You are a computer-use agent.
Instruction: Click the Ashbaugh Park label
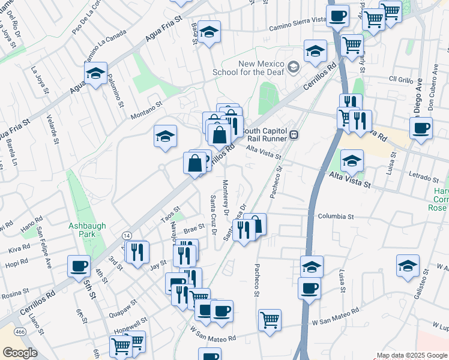click(x=87, y=230)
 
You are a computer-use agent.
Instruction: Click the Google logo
click(x=20, y=353)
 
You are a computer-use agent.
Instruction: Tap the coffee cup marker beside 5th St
click(x=78, y=266)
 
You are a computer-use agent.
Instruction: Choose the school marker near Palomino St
click(x=95, y=74)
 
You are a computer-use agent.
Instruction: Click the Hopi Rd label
click(x=16, y=263)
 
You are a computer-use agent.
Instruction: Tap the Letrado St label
click(x=424, y=178)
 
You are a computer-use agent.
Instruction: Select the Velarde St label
click(x=56, y=127)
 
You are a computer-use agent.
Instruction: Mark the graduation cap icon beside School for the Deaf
click(x=294, y=67)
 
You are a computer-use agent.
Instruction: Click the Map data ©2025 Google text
click(x=411, y=355)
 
